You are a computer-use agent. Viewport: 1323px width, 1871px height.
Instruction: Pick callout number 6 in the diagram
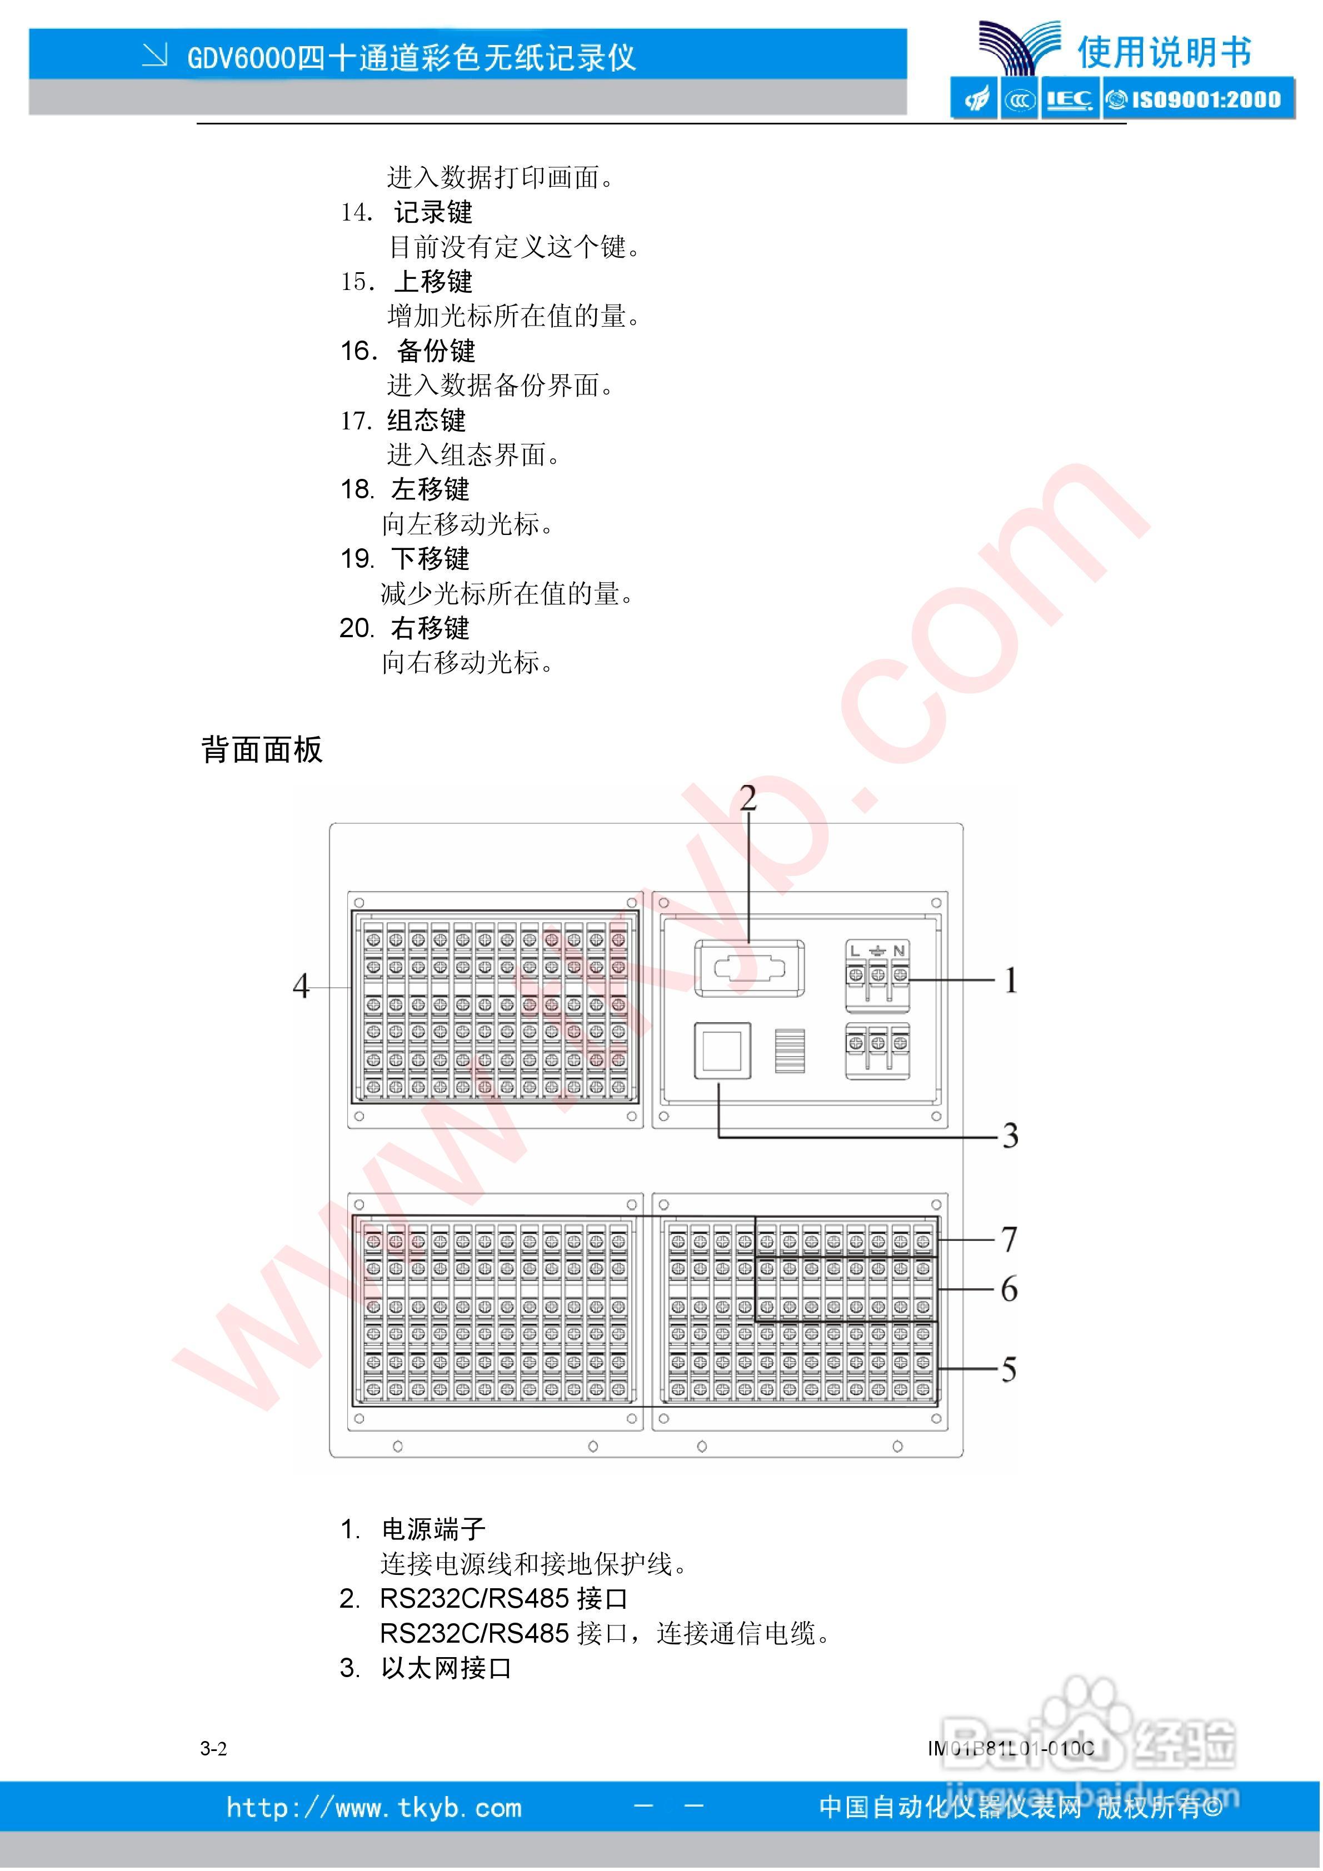(x=1009, y=1289)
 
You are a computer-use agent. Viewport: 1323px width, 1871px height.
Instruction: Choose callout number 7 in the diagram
(x=1009, y=1239)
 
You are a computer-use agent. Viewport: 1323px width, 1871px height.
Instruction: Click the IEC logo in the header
(x=1070, y=99)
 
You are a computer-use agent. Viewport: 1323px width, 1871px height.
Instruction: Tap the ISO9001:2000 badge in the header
(x=1199, y=99)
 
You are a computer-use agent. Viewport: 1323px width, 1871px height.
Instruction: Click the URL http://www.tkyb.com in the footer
(x=374, y=1808)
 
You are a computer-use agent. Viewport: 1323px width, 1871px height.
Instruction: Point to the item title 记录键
(x=433, y=213)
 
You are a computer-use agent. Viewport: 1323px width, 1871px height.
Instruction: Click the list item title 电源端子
(x=433, y=1529)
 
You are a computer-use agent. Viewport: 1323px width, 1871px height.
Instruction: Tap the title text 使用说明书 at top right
(x=1164, y=53)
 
